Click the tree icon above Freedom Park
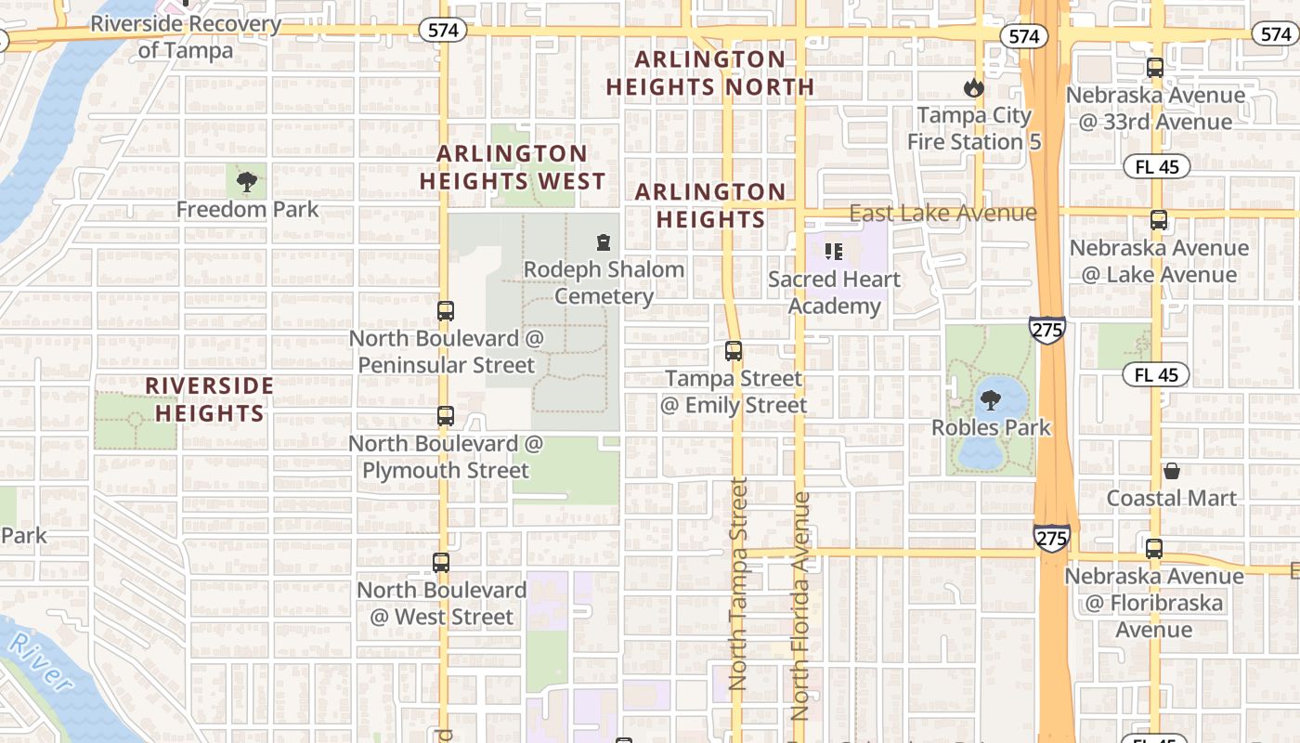(x=246, y=181)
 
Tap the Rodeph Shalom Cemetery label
(x=604, y=282)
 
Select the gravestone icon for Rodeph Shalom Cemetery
(x=604, y=243)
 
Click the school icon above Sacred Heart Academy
(x=833, y=251)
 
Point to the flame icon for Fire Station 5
(x=973, y=88)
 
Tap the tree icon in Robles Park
(x=991, y=401)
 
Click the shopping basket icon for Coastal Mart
(x=1172, y=471)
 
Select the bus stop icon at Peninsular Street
(x=446, y=311)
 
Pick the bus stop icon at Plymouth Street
(x=446, y=416)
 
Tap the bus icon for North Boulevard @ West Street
(x=441, y=563)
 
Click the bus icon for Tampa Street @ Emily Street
(x=734, y=351)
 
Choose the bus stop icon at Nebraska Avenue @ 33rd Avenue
(x=1155, y=68)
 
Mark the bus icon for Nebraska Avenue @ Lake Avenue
(x=1159, y=220)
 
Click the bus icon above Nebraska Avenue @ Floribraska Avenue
(x=1154, y=549)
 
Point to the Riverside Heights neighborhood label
(x=210, y=398)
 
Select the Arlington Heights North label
(x=710, y=73)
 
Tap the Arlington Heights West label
(x=513, y=167)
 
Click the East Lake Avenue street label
(x=942, y=213)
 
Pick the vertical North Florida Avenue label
(x=800, y=606)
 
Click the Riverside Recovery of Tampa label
(x=186, y=36)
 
